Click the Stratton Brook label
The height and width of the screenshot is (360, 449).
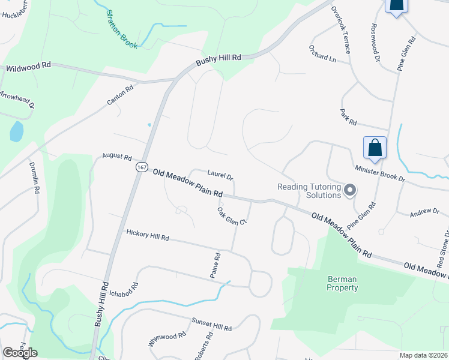pyautogui.click(x=122, y=29)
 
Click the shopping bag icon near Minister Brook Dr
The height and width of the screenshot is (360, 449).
pyautogui.click(x=375, y=148)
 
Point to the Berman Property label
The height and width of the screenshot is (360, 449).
pyautogui.click(x=342, y=283)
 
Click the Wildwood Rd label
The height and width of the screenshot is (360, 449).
pyautogui.click(x=28, y=68)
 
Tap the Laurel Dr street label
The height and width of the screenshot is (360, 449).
pyautogui.click(x=220, y=175)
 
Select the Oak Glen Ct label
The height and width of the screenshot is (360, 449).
pyautogui.click(x=232, y=216)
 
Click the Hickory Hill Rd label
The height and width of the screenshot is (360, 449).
pyautogui.click(x=148, y=236)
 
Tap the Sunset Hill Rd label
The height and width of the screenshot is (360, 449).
pyautogui.click(x=211, y=325)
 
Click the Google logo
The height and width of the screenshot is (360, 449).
pyautogui.click(x=20, y=353)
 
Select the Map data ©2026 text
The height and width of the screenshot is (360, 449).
pyautogui.click(x=423, y=355)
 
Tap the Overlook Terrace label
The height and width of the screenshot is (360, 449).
pyautogui.click(x=340, y=30)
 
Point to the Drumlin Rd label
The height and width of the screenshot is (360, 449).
pyautogui.click(x=34, y=178)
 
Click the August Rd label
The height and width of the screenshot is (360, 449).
pyautogui.click(x=117, y=157)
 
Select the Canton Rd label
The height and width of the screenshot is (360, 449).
pyautogui.click(x=120, y=95)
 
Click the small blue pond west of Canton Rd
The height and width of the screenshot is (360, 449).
pyautogui.click(x=16, y=131)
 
